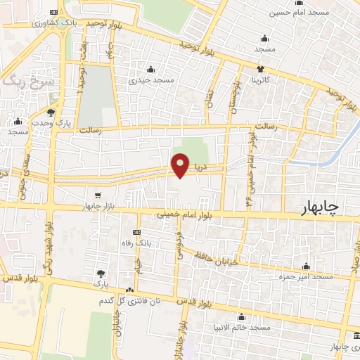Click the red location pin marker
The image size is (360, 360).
point(181,165)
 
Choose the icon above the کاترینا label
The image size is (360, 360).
point(261,69)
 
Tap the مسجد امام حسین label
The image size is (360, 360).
point(300,12)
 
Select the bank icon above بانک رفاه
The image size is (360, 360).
point(136,232)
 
